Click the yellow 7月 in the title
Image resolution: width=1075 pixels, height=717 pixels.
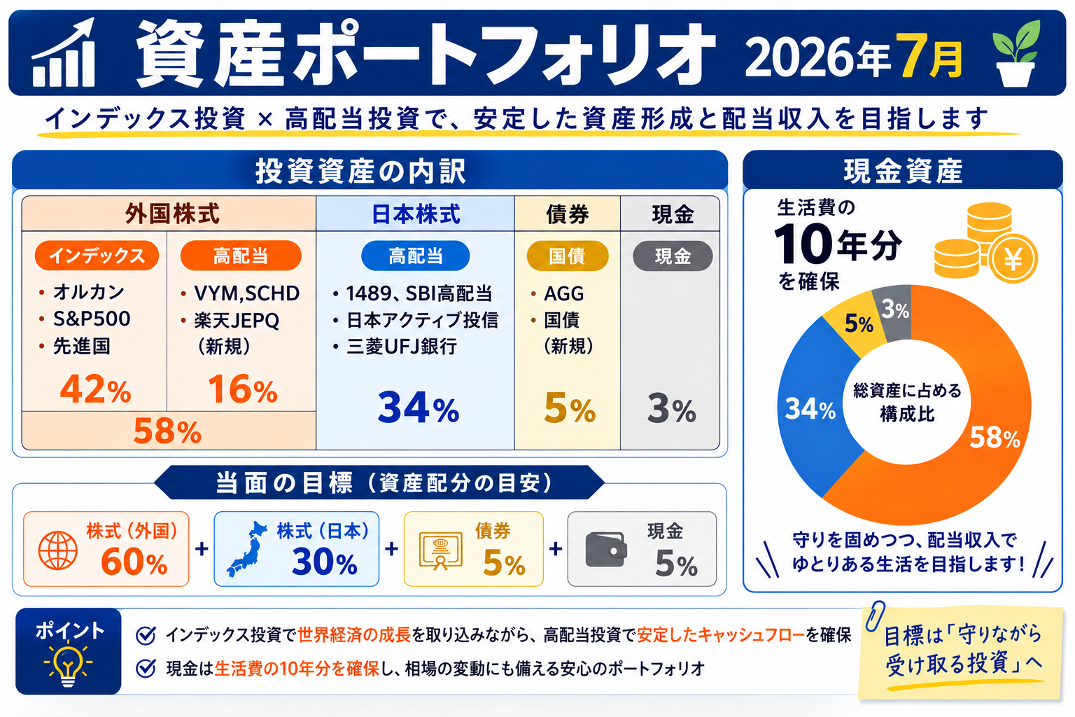pyautogui.click(x=929, y=56)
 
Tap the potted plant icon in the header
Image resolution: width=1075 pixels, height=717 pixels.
pyautogui.click(x=1016, y=53)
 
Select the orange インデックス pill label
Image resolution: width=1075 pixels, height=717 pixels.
pyautogui.click(x=97, y=256)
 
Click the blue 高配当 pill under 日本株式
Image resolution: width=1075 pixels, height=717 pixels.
pyautogui.click(x=416, y=256)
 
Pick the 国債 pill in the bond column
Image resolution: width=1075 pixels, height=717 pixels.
pyautogui.click(x=568, y=256)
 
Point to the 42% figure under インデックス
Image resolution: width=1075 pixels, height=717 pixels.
pyautogui.click(x=95, y=389)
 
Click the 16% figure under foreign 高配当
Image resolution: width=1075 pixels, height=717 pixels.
pyautogui.click(x=243, y=389)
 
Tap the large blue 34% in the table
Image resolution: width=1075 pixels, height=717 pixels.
pyautogui.click(x=419, y=408)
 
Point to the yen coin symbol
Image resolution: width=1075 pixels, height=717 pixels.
pyautogui.click(x=1013, y=259)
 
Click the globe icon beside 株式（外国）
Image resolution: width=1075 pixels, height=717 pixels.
pyautogui.click(x=58, y=550)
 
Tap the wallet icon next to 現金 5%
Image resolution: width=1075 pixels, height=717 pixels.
pyautogui.click(x=606, y=550)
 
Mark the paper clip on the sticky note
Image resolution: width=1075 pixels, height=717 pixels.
pyautogui.click(x=876, y=615)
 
